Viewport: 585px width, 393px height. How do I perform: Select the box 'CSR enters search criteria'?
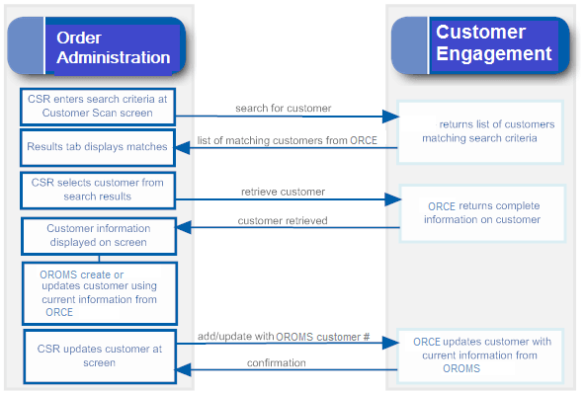tap(98, 107)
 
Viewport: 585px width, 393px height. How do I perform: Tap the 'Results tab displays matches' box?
tap(98, 146)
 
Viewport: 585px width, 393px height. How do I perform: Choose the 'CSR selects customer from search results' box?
tap(98, 189)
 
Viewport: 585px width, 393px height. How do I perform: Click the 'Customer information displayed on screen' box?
tap(98, 236)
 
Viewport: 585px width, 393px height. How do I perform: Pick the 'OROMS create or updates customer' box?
tap(98, 292)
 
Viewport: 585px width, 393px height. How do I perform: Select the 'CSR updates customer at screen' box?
tap(98, 354)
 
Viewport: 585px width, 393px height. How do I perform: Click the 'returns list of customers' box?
tap(481, 130)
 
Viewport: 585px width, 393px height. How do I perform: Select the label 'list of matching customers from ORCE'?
tap(287, 140)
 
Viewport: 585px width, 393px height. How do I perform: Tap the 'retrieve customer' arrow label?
tap(283, 191)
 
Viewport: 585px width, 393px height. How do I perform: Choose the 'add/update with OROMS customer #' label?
tap(284, 337)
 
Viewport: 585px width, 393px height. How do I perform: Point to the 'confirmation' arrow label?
tap(276, 362)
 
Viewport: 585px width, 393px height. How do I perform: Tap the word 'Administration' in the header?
tap(113, 57)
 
